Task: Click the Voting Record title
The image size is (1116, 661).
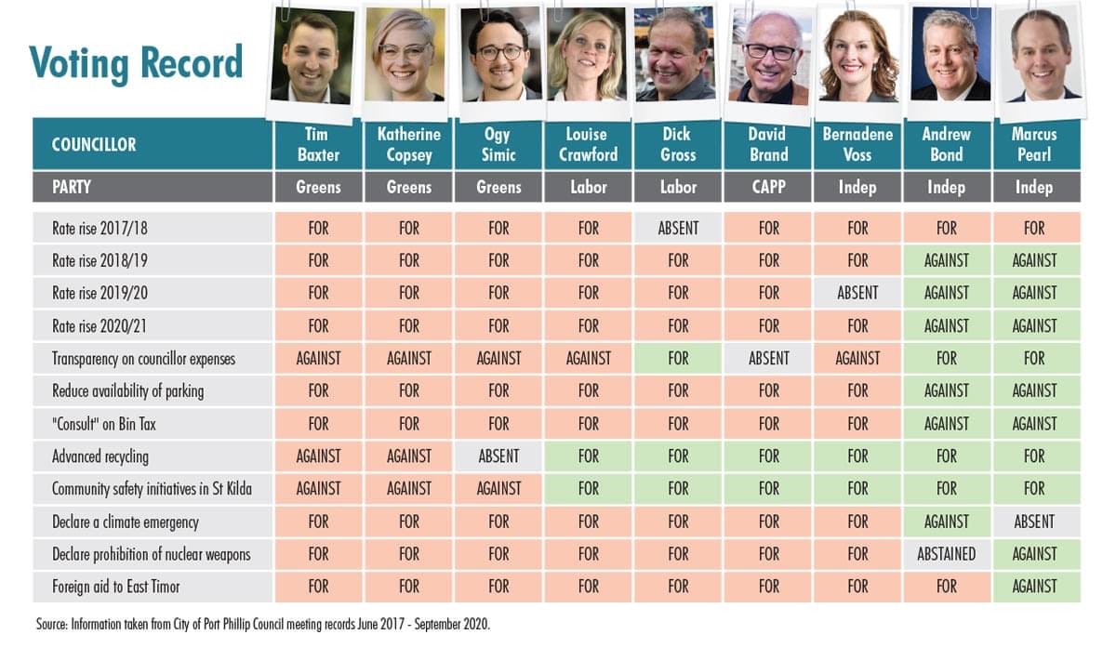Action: [x=136, y=63]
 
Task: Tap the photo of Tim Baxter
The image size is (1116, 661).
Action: [x=311, y=58]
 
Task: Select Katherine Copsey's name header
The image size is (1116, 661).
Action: [x=409, y=144]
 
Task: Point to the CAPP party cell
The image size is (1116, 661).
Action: [x=768, y=187]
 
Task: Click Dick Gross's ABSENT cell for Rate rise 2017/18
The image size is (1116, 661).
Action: [x=678, y=228]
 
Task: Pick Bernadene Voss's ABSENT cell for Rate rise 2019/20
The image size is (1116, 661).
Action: [x=857, y=293]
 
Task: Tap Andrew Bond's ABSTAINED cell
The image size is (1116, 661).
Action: [x=947, y=554]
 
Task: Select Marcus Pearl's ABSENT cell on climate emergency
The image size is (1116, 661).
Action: [x=1034, y=522]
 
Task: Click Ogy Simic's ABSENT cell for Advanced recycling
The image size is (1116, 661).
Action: [x=498, y=456]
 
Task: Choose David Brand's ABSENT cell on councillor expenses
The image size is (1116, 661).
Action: [x=768, y=358]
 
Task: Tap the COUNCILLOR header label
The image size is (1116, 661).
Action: [x=94, y=144]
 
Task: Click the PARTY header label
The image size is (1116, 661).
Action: [x=72, y=187]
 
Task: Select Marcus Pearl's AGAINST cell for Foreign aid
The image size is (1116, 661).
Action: [x=1034, y=587]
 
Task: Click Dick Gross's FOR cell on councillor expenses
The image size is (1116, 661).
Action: [x=678, y=358]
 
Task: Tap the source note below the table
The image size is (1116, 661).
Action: [x=263, y=625]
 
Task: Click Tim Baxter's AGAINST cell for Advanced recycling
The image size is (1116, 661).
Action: [x=318, y=456]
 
